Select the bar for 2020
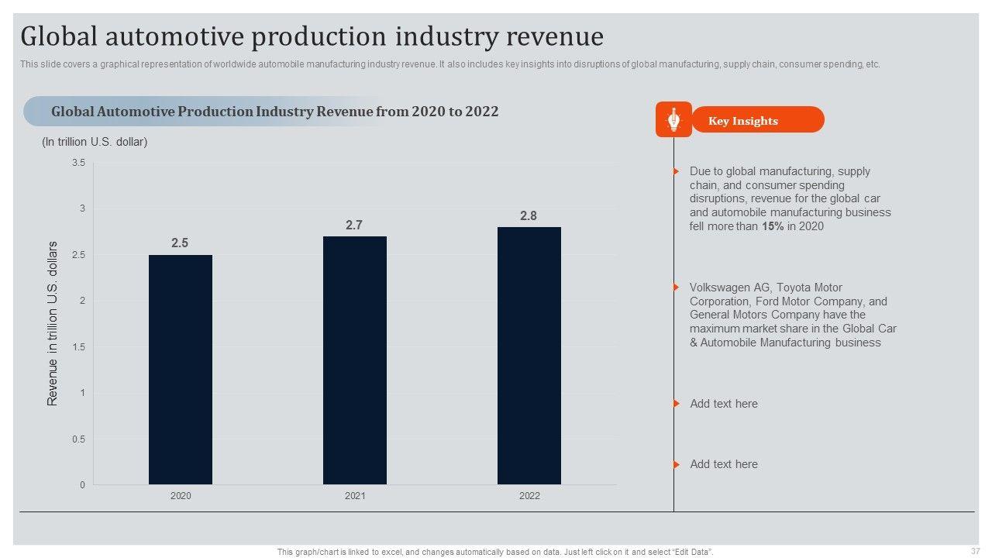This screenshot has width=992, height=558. pyautogui.click(x=181, y=370)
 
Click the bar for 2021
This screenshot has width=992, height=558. pyautogui.click(x=355, y=360)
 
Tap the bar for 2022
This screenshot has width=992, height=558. pyautogui.click(x=529, y=356)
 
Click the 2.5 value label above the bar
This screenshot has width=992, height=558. pyautogui.click(x=180, y=243)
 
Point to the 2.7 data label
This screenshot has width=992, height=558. pyautogui.click(x=354, y=226)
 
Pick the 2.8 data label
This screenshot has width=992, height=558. pyautogui.click(x=529, y=216)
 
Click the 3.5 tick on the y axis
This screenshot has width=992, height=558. pyautogui.click(x=79, y=163)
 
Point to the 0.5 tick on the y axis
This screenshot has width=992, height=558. pyautogui.click(x=79, y=439)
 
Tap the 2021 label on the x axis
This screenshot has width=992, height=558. pyautogui.click(x=355, y=496)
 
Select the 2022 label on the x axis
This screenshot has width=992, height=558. pyautogui.click(x=529, y=496)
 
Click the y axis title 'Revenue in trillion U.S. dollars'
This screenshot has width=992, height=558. pyautogui.click(x=53, y=324)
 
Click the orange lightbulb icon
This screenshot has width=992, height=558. pyautogui.click(x=673, y=119)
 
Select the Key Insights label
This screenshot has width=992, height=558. pyautogui.click(x=743, y=121)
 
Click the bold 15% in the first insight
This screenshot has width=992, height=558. pyautogui.click(x=772, y=226)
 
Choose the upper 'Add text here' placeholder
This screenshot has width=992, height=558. pyautogui.click(x=724, y=404)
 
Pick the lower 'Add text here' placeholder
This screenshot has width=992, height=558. pyautogui.click(x=724, y=464)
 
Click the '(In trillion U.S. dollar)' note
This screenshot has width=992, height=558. pyautogui.click(x=95, y=142)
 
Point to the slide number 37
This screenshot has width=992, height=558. pyautogui.click(x=975, y=550)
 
